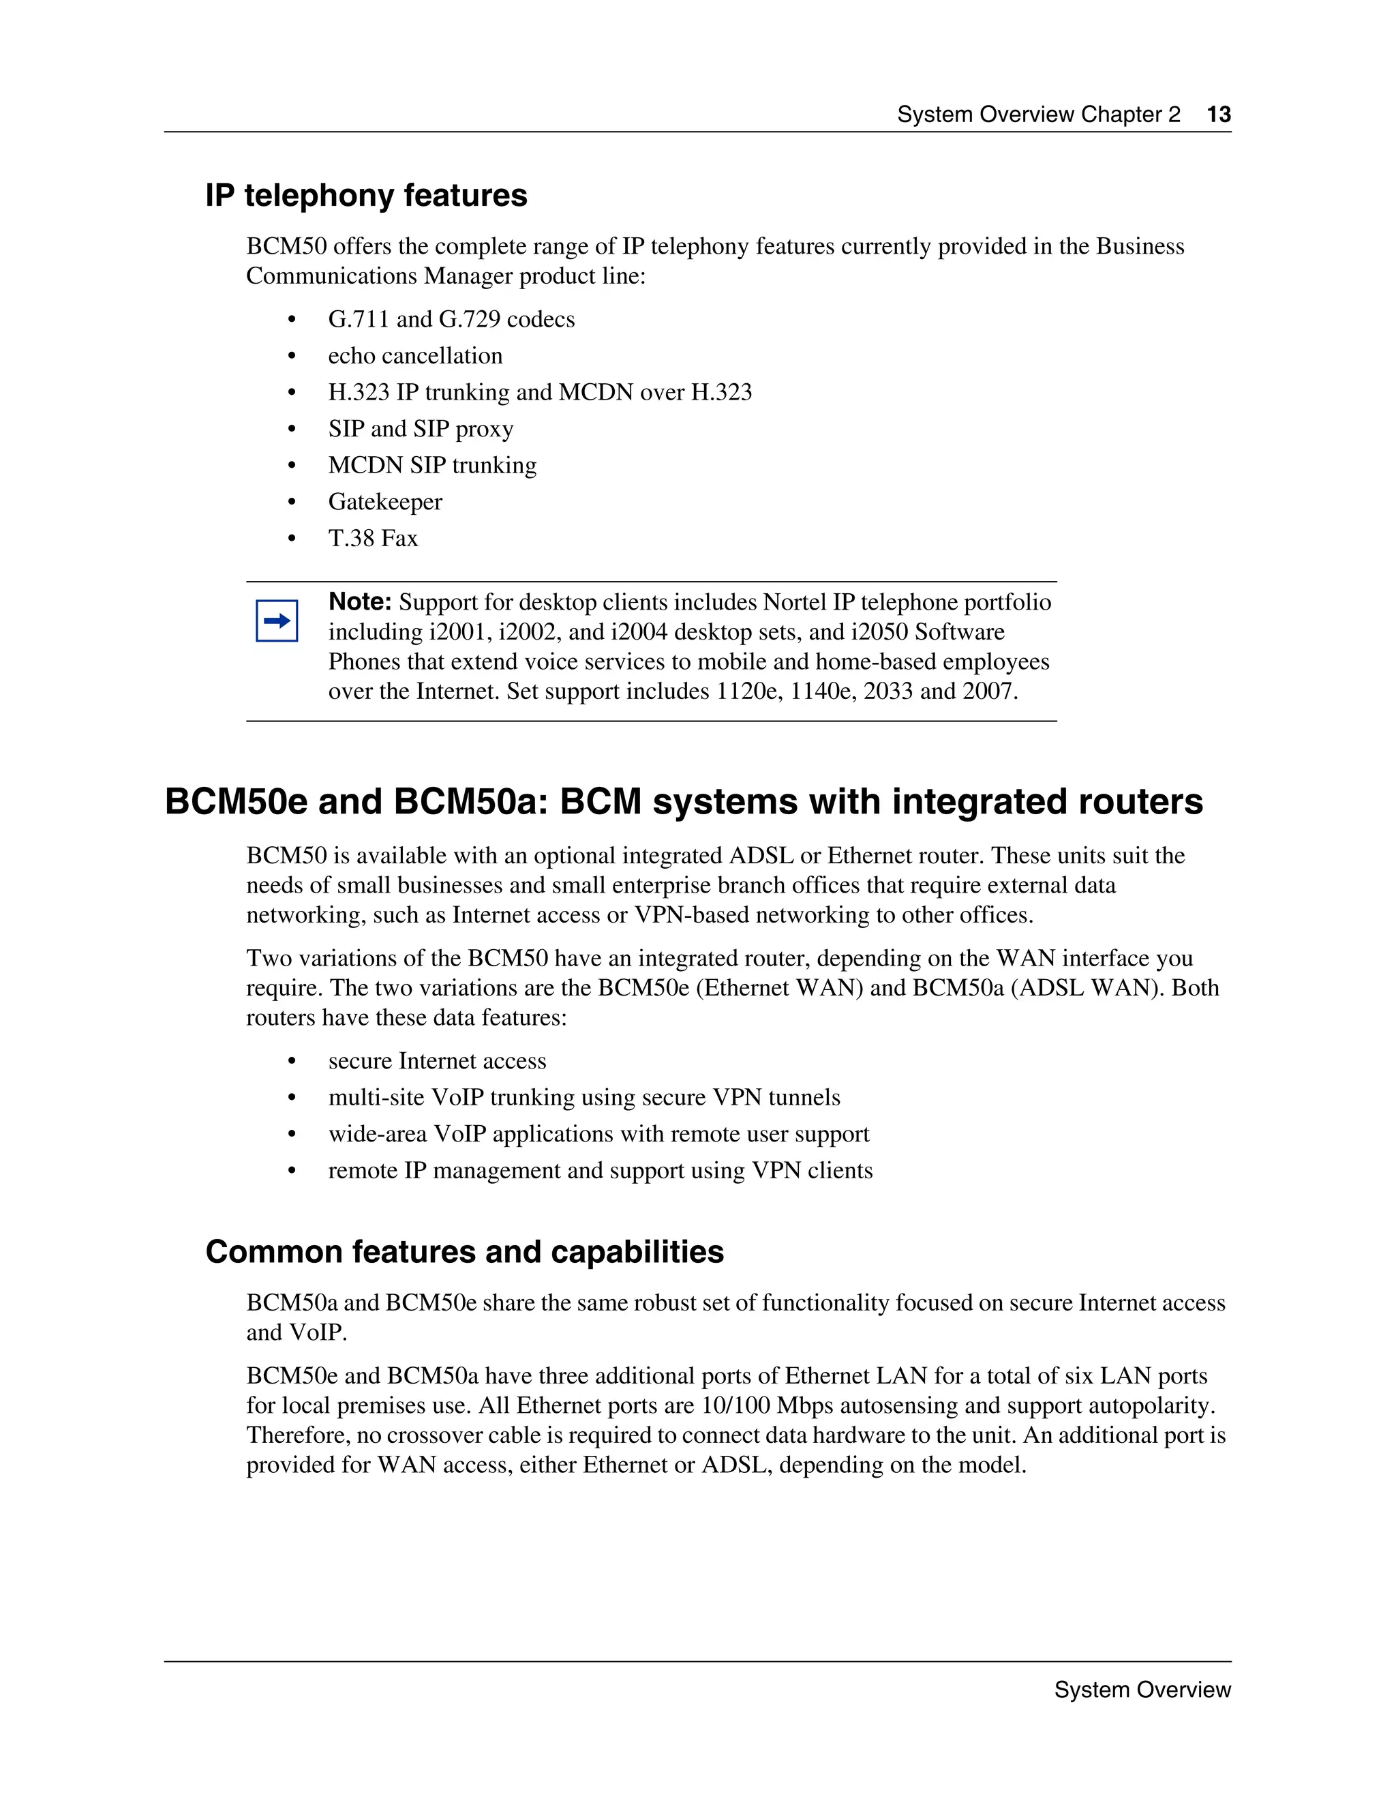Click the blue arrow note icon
click(x=276, y=621)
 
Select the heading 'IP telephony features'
click(x=365, y=195)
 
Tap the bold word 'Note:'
click(x=360, y=601)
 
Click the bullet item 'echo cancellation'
click(x=415, y=356)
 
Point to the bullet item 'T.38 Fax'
click(x=373, y=538)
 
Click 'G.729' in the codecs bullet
click(x=469, y=319)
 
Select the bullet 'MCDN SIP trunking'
click(x=431, y=465)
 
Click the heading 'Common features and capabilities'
click(x=464, y=1252)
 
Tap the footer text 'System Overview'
click(x=1142, y=1690)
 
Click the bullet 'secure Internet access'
click(x=437, y=1061)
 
